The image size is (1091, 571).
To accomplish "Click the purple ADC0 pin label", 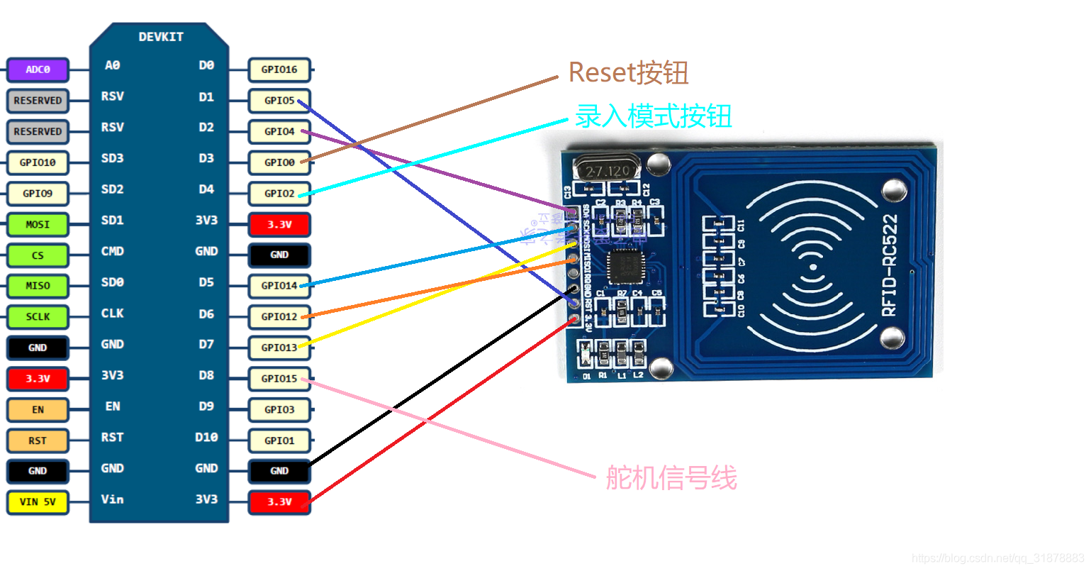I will [x=38, y=70].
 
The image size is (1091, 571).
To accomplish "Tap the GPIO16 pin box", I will [x=279, y=70].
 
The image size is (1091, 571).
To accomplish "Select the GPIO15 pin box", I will [x=279, y=379].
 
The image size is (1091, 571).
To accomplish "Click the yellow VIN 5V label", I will [x=38, y=502].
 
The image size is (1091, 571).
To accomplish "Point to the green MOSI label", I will [x=38, y=224].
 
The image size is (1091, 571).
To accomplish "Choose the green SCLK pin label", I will [x=38, y=317].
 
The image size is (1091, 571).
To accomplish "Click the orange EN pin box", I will [x=38, y=410].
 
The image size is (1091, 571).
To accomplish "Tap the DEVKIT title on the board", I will [x=161, y=37].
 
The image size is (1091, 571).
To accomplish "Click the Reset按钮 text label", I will [x=628, y=72].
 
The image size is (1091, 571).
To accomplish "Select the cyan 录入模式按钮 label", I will [x=653, y=116].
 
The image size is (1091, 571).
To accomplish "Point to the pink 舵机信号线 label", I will [x=671, y=478].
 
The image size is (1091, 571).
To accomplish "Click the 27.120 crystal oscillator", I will [x=607, y=171].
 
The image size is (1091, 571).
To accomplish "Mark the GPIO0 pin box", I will [x=279, y=162].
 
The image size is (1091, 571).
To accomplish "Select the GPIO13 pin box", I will [x=279, y=348].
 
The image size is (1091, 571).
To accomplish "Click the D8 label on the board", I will [x=206, y=375].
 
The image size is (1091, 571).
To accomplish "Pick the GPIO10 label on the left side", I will [x=38, y=162].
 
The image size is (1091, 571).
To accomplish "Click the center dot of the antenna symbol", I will [x=813, y=267].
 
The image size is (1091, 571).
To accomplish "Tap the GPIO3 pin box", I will [x=279, y=410].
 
